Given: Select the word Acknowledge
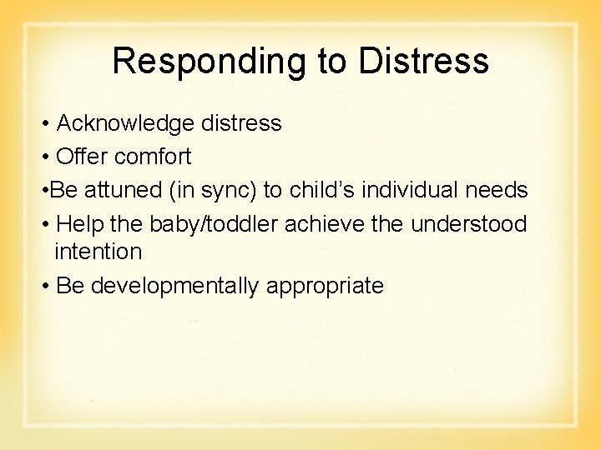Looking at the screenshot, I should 127,123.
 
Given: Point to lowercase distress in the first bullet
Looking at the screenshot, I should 241,123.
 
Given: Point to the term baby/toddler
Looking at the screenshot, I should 215,224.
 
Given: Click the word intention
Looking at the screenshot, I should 98,250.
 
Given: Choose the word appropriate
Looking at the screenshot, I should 325,287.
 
